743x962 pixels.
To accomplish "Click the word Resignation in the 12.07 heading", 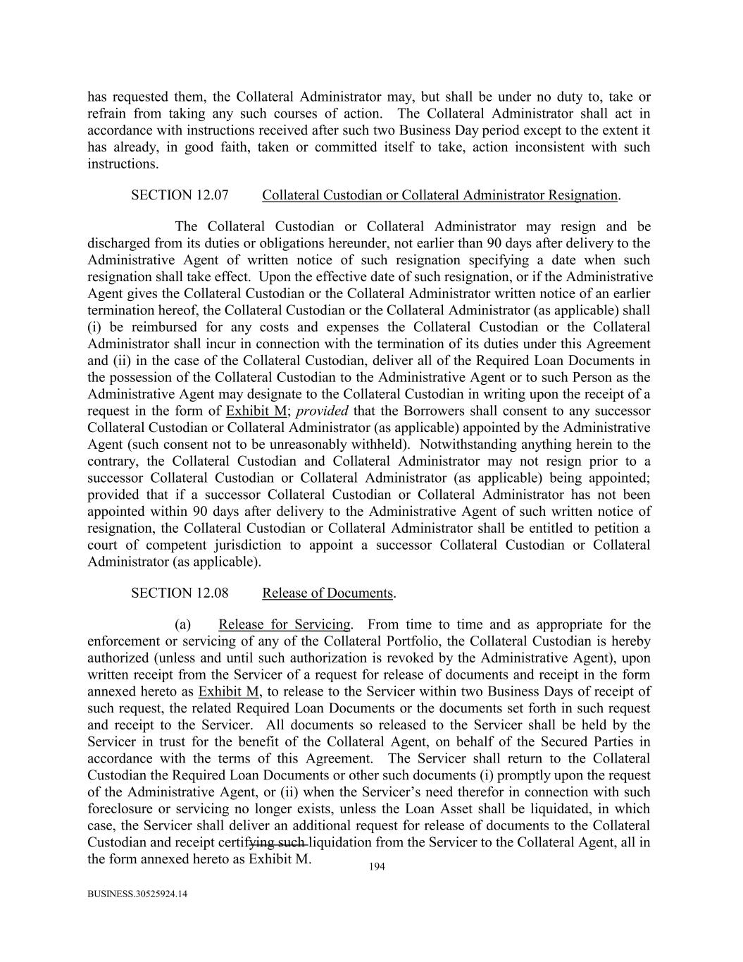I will tap(584, 195).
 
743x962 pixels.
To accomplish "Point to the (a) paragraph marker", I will tap(183, 624).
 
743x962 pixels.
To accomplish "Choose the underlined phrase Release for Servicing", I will tap(285, 624).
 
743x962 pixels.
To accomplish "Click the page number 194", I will tap(377, 867).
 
